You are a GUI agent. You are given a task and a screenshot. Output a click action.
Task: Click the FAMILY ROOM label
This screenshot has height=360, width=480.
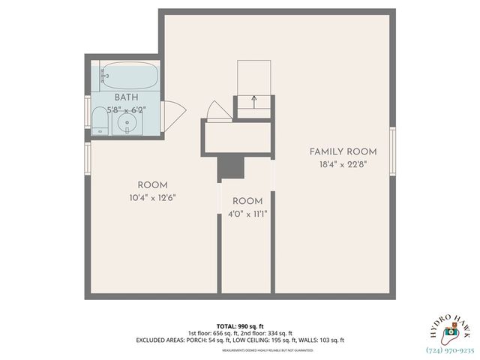[x=343, y=151]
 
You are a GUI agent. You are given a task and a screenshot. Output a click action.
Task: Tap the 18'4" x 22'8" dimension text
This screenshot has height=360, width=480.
[x=343, y=164]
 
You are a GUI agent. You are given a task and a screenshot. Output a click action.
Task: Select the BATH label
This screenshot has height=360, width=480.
[x=125, y=98]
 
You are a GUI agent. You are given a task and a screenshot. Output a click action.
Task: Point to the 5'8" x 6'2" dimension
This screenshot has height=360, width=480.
[x=125, y=109]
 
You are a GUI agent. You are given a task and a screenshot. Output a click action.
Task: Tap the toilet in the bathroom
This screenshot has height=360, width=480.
[x=100, y=118]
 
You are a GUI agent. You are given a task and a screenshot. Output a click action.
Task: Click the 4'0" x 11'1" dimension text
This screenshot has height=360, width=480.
[x=247, y=214]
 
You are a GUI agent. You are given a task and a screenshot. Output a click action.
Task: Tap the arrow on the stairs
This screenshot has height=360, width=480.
[x=255, y=97]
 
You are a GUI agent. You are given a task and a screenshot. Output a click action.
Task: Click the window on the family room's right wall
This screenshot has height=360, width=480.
[x=392, y=150]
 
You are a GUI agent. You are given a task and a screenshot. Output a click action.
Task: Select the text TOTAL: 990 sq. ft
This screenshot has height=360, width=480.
[x=240, y=326]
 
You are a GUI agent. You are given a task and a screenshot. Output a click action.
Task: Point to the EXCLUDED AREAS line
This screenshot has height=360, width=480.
[x=240, y=340]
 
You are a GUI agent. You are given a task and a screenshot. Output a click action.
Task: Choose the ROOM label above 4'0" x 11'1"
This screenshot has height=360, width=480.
[x=247, y=201]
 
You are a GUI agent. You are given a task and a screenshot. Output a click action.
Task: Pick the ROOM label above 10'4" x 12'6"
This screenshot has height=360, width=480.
[x=152, y=185]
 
